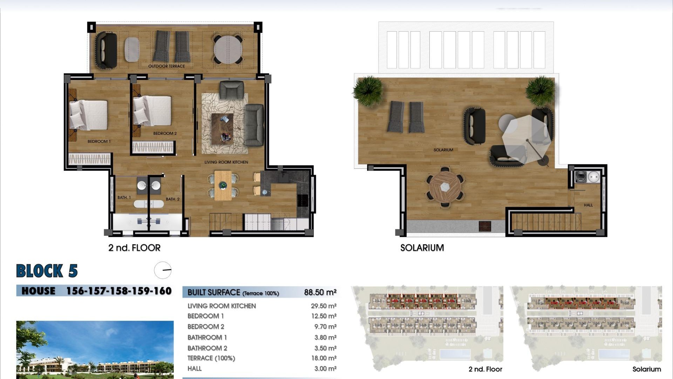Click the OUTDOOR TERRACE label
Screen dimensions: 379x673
pyautogui.click(x=166, y=66)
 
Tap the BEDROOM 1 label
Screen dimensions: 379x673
pyautogui.click(x=99, y=141)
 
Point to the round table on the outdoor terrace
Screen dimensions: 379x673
pyautogui.click(x=228, y=49)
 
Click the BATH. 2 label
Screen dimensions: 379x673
pyautogui.click(x=172, y=199)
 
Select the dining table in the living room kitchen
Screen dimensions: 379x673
pyautogui.click(x=223, y=185)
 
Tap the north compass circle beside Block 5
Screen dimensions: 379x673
pyautogui.click(x=163, y=270)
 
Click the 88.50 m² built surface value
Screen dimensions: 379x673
pyautogui.click(x=320, y=292)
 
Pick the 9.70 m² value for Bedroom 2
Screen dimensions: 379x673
pyautogui.click(x=325, y=327)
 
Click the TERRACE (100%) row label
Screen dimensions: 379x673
pyautogui.click(x=211, y=358)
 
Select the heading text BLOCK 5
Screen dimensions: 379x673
pyautogui.click(x=47, y=271)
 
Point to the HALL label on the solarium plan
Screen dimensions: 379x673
pyautogui.click(x=588, y=205)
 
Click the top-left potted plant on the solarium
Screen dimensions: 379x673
pyautogui.click(x=368, y=91)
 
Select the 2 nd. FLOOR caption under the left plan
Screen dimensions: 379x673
pyautogui.click(x=134, y=248)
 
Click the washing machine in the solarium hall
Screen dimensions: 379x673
pyautogui.click(x=581, y=177)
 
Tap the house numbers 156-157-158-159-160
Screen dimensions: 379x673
pyautogui.click(x=119, y=291)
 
